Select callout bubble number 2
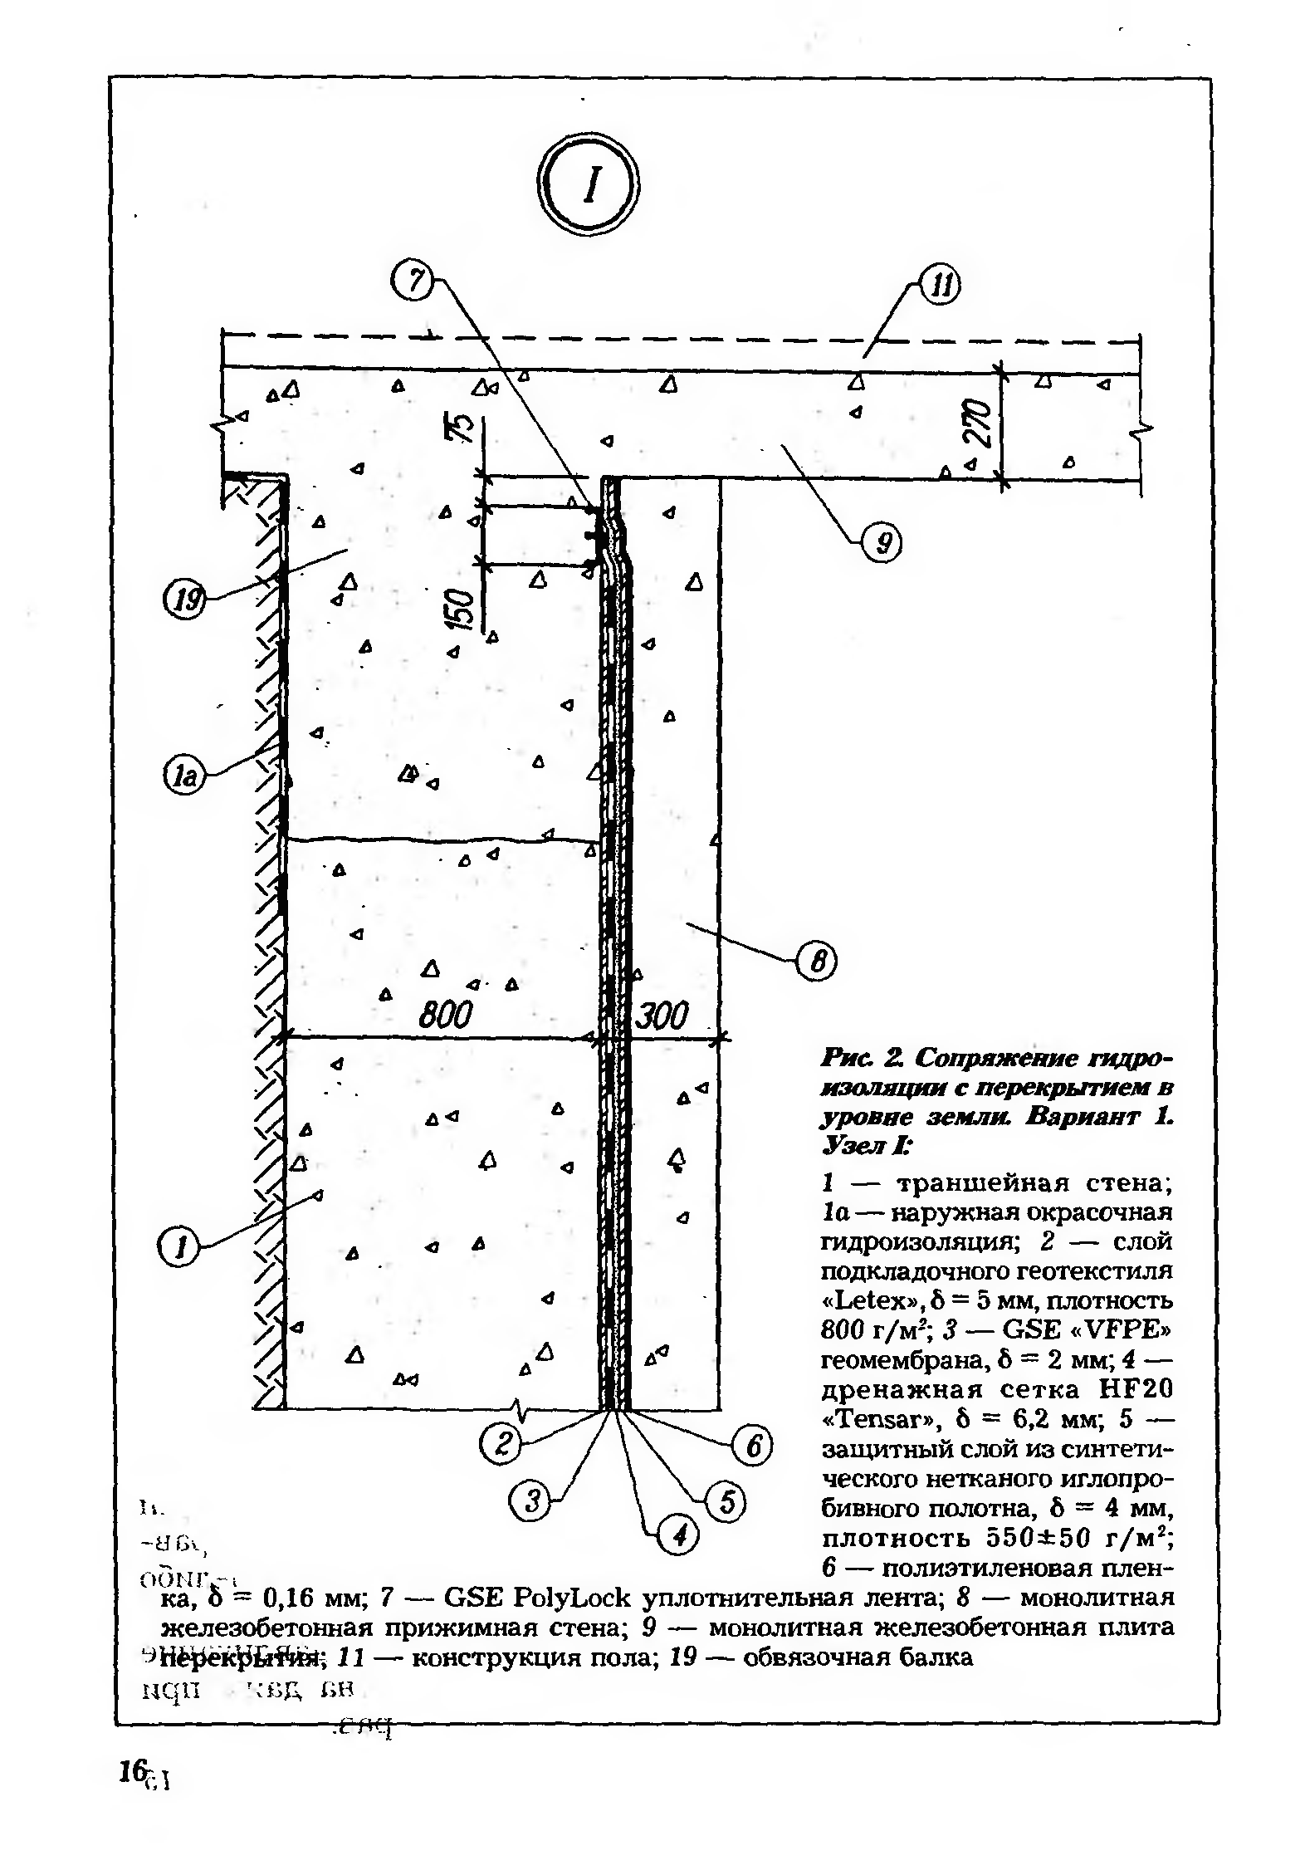tap(501, 1445)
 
